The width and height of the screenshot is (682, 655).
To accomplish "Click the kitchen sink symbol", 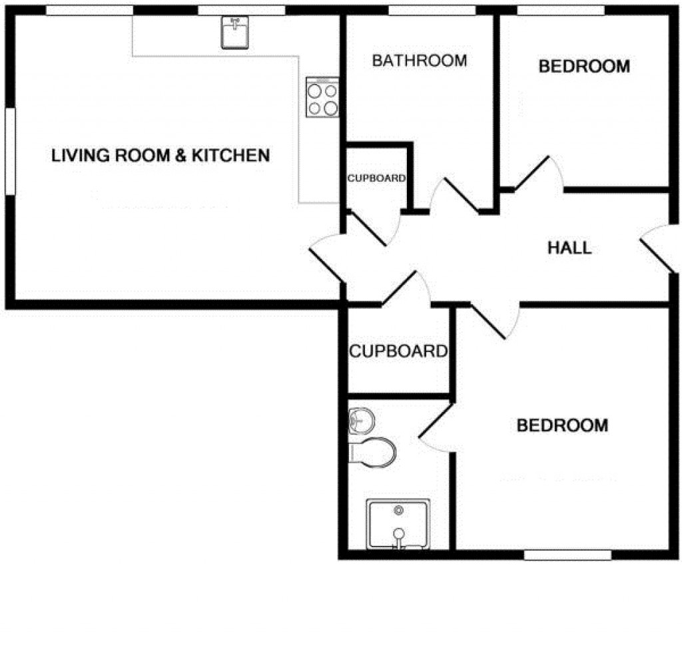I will pos(234,32).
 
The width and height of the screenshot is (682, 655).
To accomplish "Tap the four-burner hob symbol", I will pos(322,98).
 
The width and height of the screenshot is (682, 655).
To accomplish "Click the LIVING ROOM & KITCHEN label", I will pos(161,156).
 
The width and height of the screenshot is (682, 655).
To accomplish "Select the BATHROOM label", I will pos(420,61).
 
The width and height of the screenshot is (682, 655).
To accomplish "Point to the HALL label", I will pos(569,248).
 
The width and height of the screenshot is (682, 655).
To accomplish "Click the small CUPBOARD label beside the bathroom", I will pos(376,178).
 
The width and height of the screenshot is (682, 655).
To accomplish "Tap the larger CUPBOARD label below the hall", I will pos(398,351).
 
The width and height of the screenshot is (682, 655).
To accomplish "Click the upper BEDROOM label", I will pos(584,67).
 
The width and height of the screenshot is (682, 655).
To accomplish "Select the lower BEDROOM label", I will pos(562,425).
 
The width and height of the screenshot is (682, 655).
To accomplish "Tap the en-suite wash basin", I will pos(361,420).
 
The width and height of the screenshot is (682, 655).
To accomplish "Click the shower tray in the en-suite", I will pos(398,524).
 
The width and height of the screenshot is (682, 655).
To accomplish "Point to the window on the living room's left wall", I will pos(10,151).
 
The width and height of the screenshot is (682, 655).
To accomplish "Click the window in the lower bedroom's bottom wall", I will pos(567,554).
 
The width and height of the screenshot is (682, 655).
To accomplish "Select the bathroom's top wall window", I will pos(432,10).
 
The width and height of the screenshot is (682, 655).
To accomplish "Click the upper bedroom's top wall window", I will pos(561,10).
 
